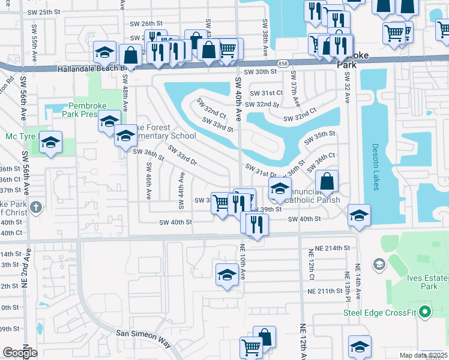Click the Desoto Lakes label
click(x=376, y=166)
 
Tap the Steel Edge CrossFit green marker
click(x=425, y=311)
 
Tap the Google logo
click(x=20, y=353)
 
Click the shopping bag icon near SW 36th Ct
click(x=327, y=181)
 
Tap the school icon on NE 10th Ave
click(x=226, y=274)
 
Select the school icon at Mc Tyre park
click(x=50, y=142)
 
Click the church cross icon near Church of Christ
click(x=36, y=208)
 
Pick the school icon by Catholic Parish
click(x=279, y=189)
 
